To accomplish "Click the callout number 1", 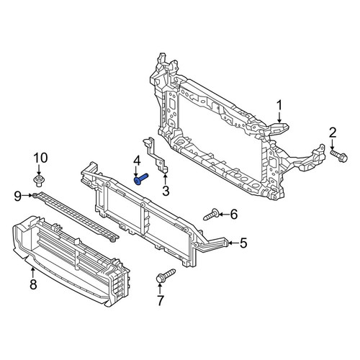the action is pyautogui.click(x=279, y=107).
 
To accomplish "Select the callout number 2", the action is pyautogui.click(x=333, y=132).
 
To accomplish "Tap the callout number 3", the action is pyautogui.click(x=166, y=191).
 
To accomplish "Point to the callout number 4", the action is pyautogui.click(x=137, y=161).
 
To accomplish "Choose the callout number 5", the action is pyautogui.click(x=243, y=243).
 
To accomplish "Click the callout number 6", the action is pyautogui.click(x=234, y=214).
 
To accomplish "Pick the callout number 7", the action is pyautogui.click(x=160, y=300).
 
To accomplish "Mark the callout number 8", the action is pyautogui.click(x=33, y=284).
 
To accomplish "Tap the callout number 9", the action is pyautogui.click(x=18, y=197).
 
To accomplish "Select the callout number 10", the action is pyautogui.click(x=40, y=158).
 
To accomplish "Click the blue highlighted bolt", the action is pyautogui.click(x=141, y=179).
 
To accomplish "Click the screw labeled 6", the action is pyautogui.click(x=211, y=215).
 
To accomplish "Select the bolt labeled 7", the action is pyautogui.click(x=166, y=276).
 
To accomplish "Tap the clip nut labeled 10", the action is pyautogui.click(x=39, y=181).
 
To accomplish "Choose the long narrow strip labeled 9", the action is pyautogui.click(x=76, y=217).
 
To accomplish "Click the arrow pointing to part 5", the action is pyautogui.click(x=233, y=243).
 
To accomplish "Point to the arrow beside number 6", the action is pyautogui.click(x=224, y=214).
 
